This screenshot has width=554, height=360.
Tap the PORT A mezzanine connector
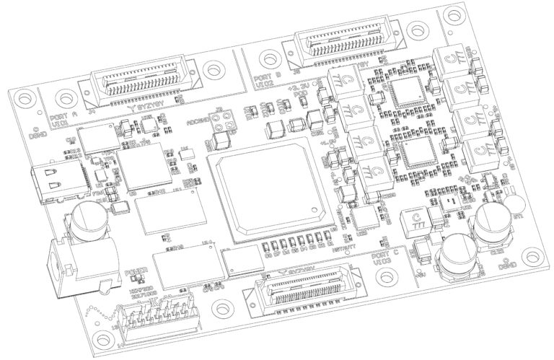point(136,80)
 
